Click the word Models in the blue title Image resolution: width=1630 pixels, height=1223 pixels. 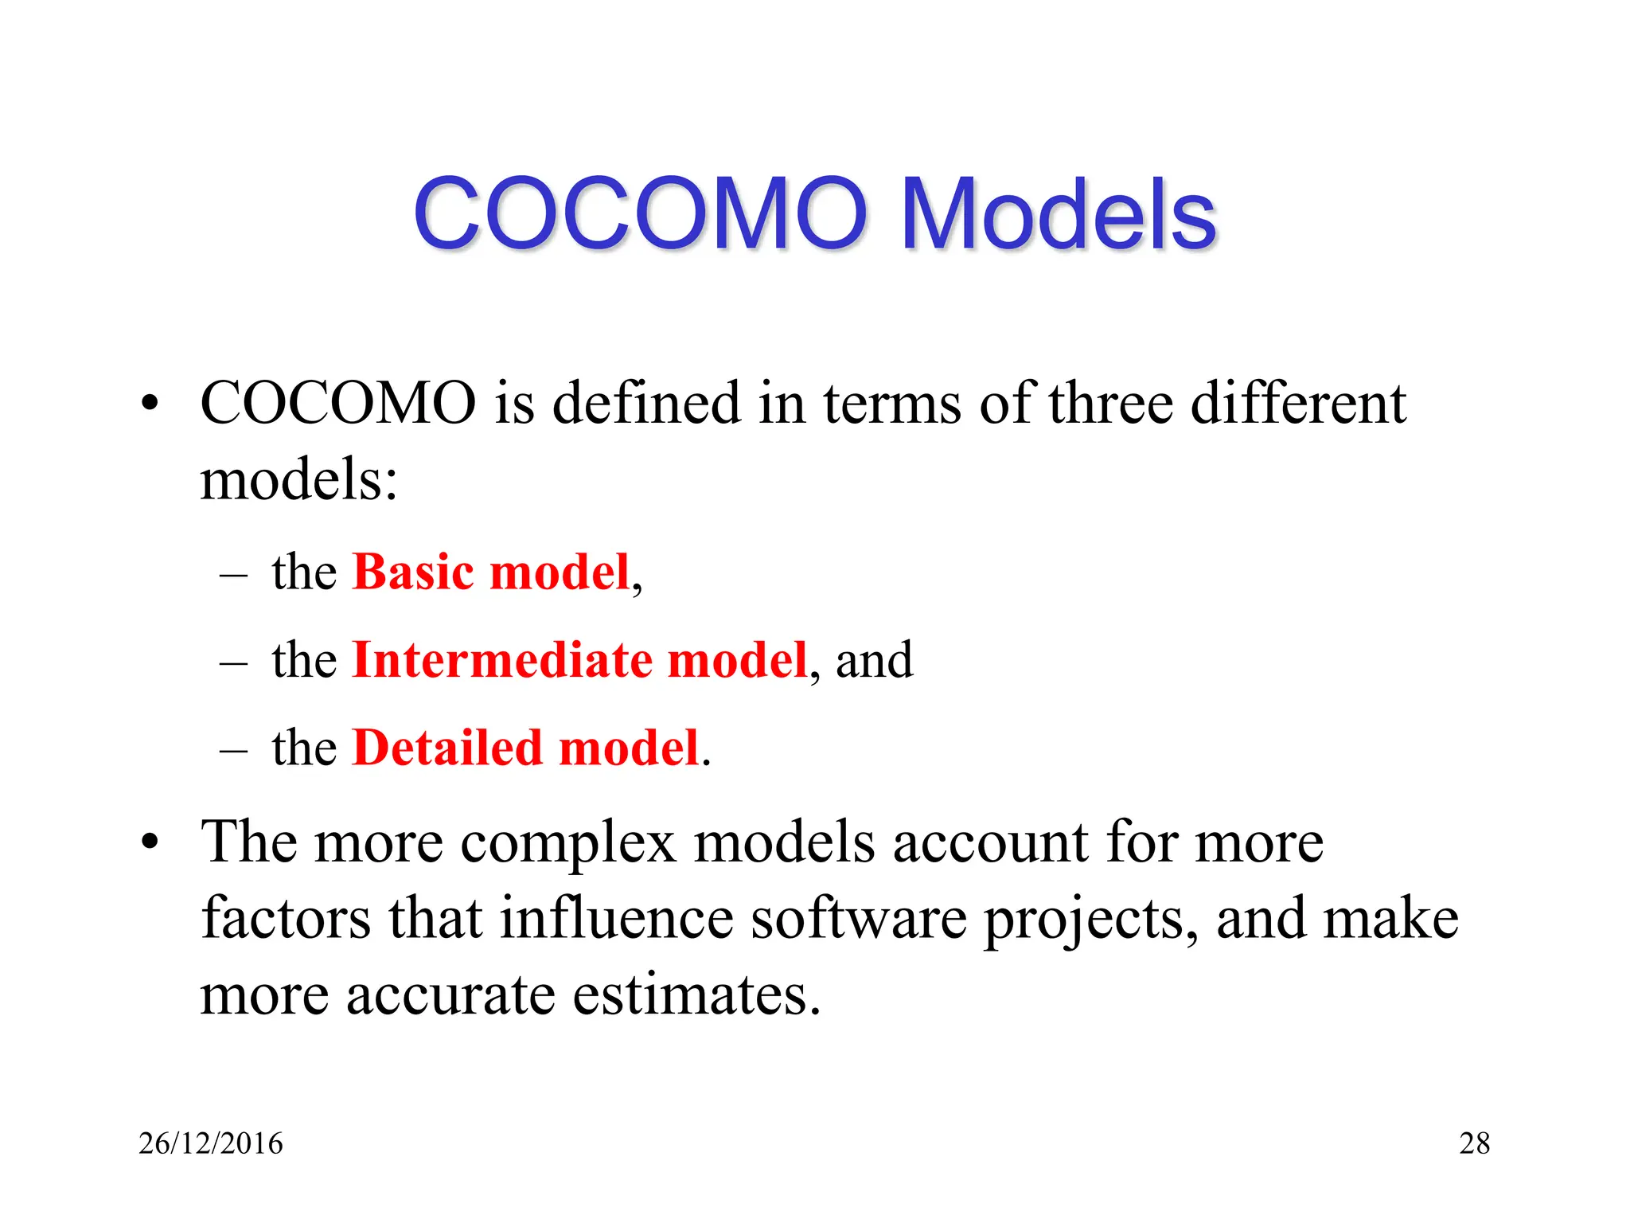[1059, 214]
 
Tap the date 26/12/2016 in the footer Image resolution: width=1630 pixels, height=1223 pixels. [210, 1143]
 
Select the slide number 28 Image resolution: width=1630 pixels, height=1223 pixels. [1474, 1143]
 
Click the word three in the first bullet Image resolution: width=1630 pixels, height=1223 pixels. [1110, 403]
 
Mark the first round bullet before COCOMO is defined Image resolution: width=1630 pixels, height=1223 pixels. [150, 404]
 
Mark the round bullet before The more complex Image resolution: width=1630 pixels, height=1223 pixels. [150, 843]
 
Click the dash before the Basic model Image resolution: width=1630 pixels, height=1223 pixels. [233, 575]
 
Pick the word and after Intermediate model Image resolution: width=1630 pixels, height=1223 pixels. [874, 662]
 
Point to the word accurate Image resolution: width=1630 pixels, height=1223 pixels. [450, 995]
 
